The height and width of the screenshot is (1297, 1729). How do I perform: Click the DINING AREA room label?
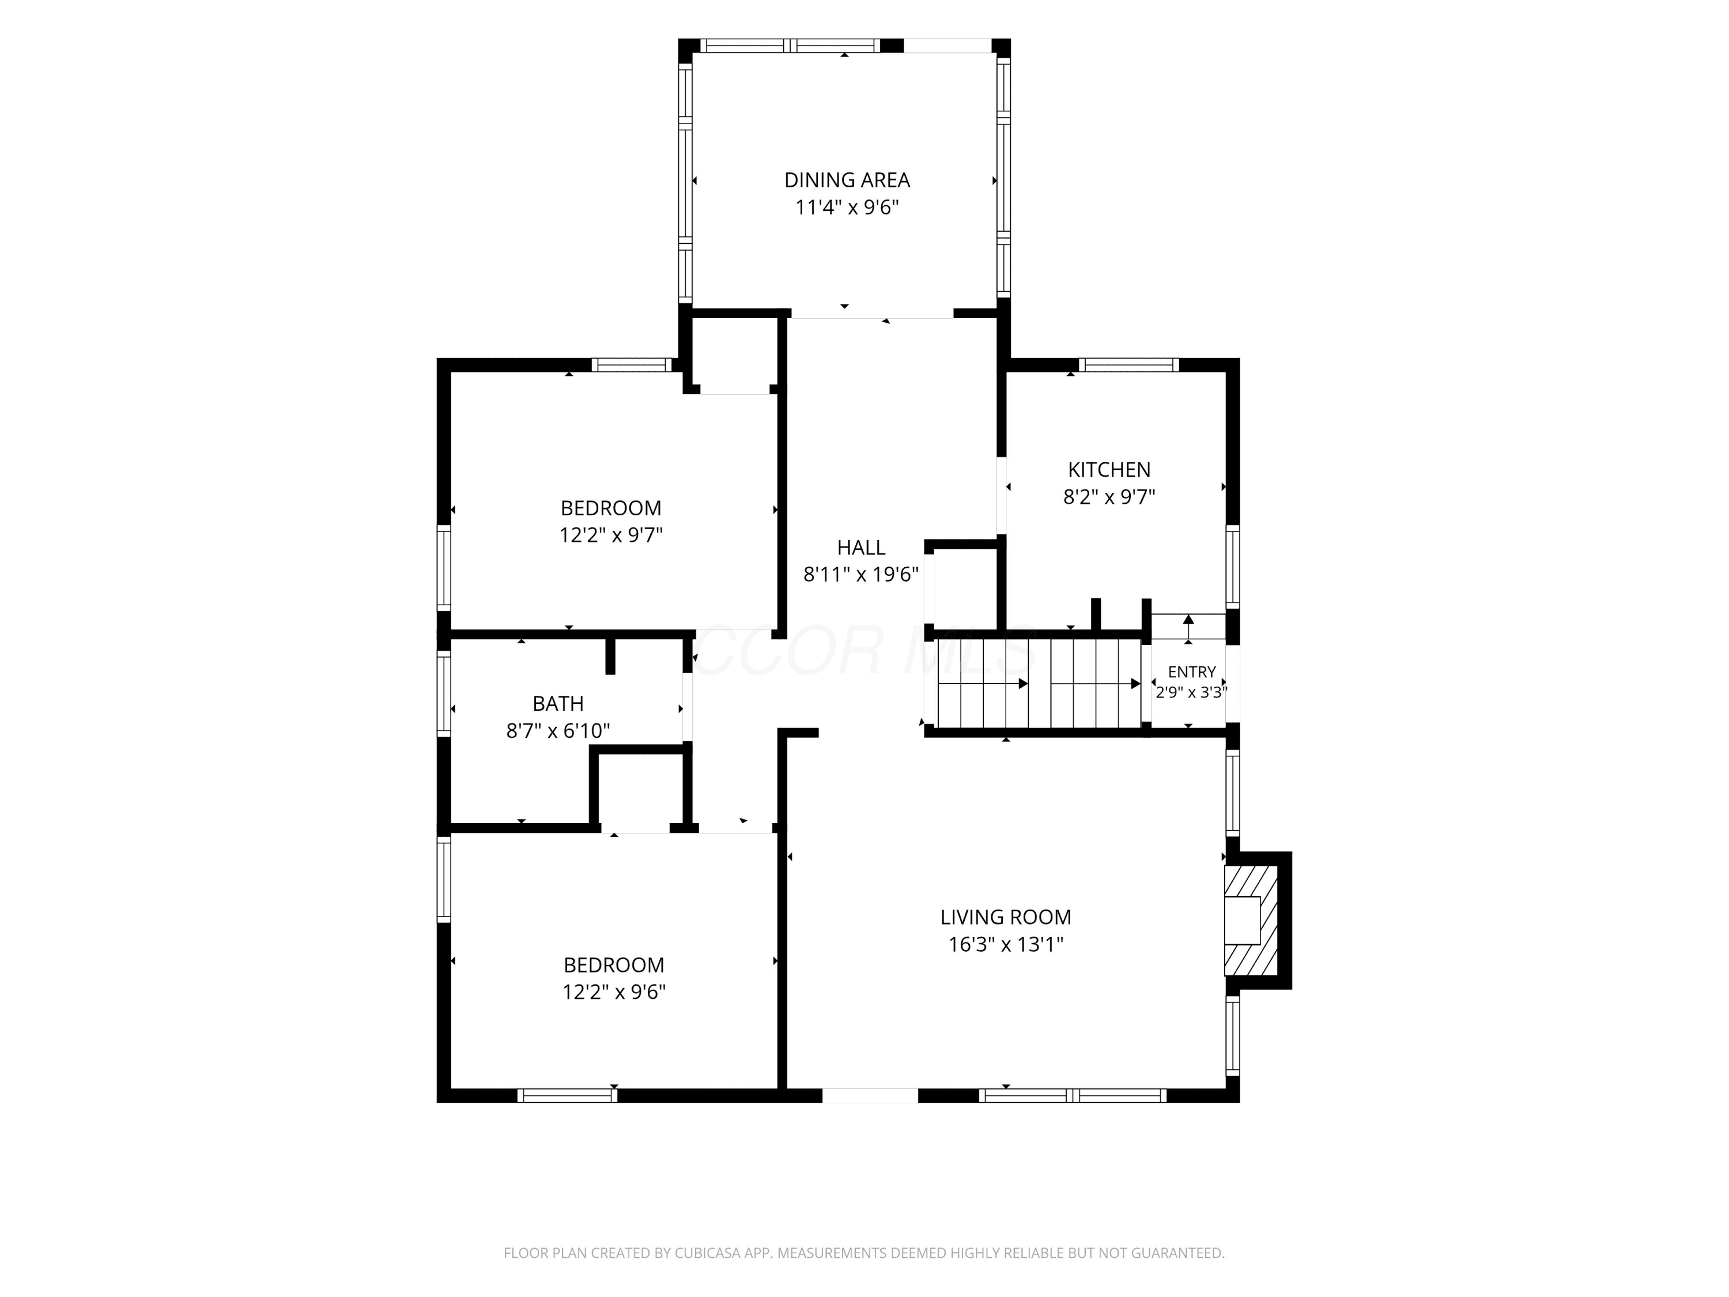tap(847, 180)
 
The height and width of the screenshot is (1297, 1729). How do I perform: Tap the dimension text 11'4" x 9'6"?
tap(847, 207)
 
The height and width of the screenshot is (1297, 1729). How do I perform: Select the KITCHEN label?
tap(1109, 470)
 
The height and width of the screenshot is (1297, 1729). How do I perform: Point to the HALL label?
tap(862, 547)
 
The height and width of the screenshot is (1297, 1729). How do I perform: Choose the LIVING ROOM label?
tap(1006, 917)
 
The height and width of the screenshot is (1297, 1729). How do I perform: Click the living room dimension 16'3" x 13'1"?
tap(1006, 944)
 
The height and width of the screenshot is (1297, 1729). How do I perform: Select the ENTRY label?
tap(1192, 672)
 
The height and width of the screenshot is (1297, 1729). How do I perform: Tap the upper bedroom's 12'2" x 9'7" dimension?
tap(611, 536)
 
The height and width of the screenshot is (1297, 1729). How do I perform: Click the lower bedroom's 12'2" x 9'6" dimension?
tap(614, 992)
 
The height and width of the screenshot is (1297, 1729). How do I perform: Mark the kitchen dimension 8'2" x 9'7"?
tap(1109, 497)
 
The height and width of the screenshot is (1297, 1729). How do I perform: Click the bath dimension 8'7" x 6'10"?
tap(558, 731)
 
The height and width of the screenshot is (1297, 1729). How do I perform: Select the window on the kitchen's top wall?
tap(1128, 364)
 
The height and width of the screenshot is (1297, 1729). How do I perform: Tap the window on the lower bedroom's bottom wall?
tap(568, 1095)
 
